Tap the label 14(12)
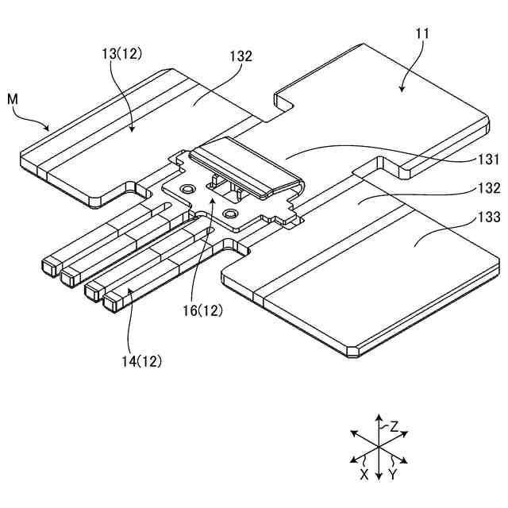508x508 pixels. point(140,361)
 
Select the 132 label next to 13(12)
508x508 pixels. point(241,56)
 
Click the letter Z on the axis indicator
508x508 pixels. point(394,426)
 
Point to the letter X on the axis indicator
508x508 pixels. point(364,474)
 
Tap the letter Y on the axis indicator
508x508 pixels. point(393,474)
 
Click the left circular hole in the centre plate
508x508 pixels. point(187,189)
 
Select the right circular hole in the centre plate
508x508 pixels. point(231,214)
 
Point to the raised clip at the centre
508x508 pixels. point(246,163)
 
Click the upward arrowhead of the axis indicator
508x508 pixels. point(379,416)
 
